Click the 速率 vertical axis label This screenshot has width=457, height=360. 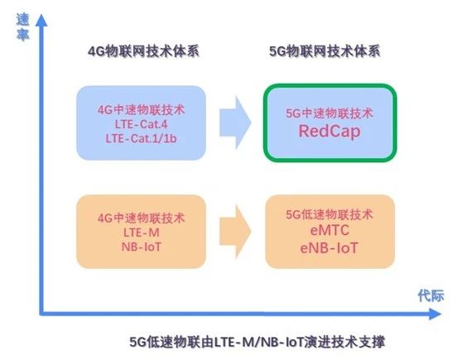22,27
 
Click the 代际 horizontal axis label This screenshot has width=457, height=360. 431,295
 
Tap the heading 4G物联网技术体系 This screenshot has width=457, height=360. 143,51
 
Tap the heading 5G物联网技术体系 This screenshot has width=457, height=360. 325,51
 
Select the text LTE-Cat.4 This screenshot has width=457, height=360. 141,124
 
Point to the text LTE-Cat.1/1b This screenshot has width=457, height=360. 141,138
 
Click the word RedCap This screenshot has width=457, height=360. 330,132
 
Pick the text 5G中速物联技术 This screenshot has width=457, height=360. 330,113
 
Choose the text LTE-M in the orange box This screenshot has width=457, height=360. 142,233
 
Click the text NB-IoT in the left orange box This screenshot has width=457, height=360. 142,247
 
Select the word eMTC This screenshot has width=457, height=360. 330,230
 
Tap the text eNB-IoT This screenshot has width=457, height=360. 329,248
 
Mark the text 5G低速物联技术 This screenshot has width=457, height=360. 330,214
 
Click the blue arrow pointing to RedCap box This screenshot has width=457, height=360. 235,122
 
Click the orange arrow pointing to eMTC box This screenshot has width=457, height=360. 235,231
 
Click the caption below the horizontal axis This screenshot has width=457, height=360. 257,342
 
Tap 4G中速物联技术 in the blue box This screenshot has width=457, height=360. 141,110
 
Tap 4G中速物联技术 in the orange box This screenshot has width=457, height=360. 141,218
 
